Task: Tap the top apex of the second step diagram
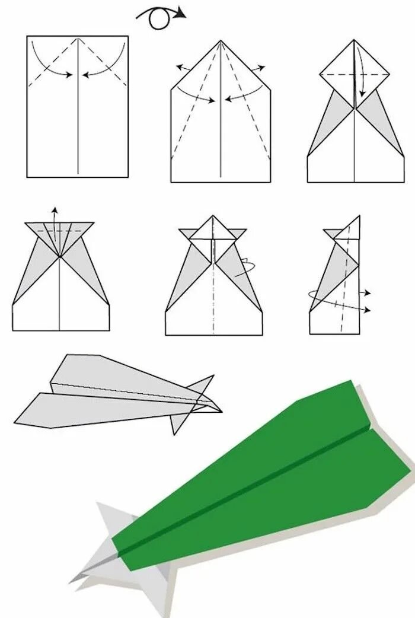(x=221, y=41)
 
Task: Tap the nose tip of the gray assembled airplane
(x=221, y=410)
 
